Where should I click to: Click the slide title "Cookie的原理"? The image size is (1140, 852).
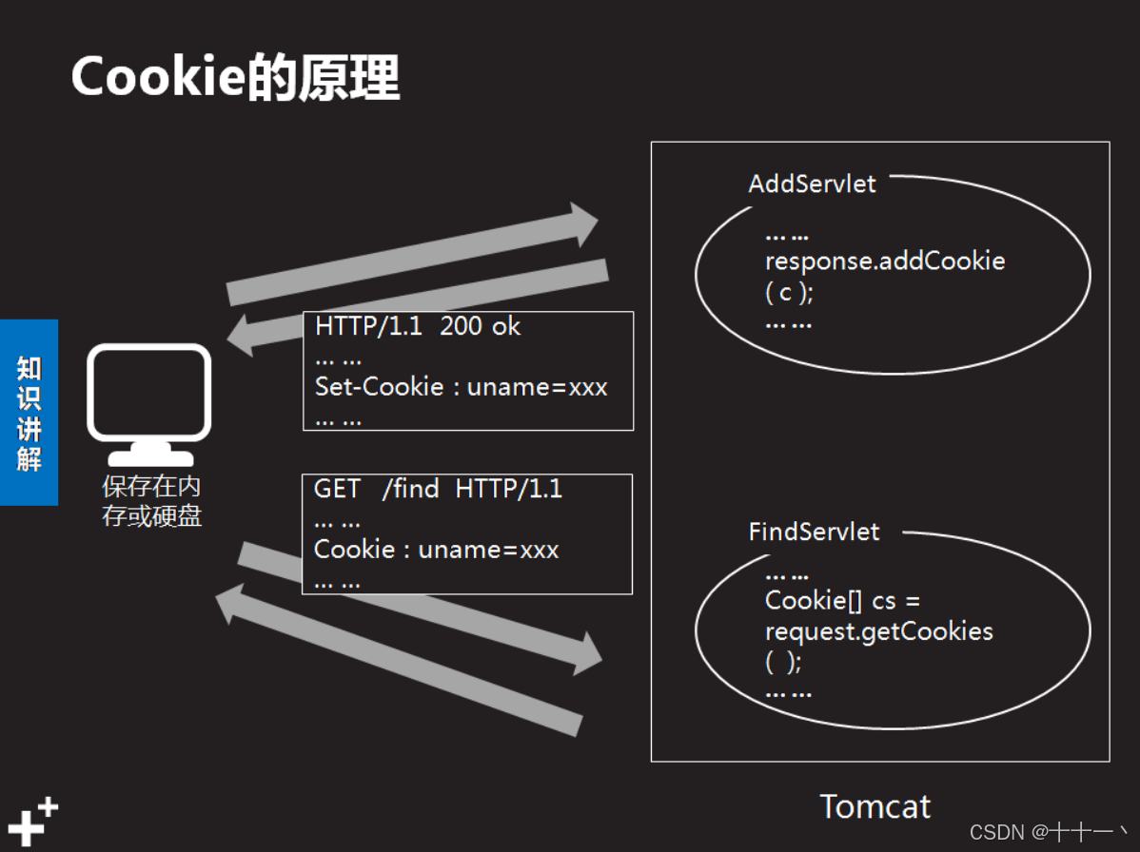235,77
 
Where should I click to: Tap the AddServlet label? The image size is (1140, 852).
812,184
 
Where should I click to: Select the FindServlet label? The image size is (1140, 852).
814,532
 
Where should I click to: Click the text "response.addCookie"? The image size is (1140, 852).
885,261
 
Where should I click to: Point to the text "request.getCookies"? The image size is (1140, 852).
878,631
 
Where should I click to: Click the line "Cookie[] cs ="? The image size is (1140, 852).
842,601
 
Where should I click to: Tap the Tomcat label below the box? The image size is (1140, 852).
875,806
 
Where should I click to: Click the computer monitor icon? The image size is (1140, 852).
149,400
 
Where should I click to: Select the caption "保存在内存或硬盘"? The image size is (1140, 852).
152,502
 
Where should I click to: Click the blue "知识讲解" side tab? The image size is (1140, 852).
29,413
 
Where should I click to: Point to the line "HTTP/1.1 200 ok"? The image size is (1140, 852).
418,327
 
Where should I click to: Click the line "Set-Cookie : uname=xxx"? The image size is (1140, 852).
461,387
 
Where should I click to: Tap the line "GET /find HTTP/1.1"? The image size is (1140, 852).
438,490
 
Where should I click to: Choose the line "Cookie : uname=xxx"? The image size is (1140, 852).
436,550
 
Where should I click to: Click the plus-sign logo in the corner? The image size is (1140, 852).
32,821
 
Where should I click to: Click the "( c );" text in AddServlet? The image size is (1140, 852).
789,293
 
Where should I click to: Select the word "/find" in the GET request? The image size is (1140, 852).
410,490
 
